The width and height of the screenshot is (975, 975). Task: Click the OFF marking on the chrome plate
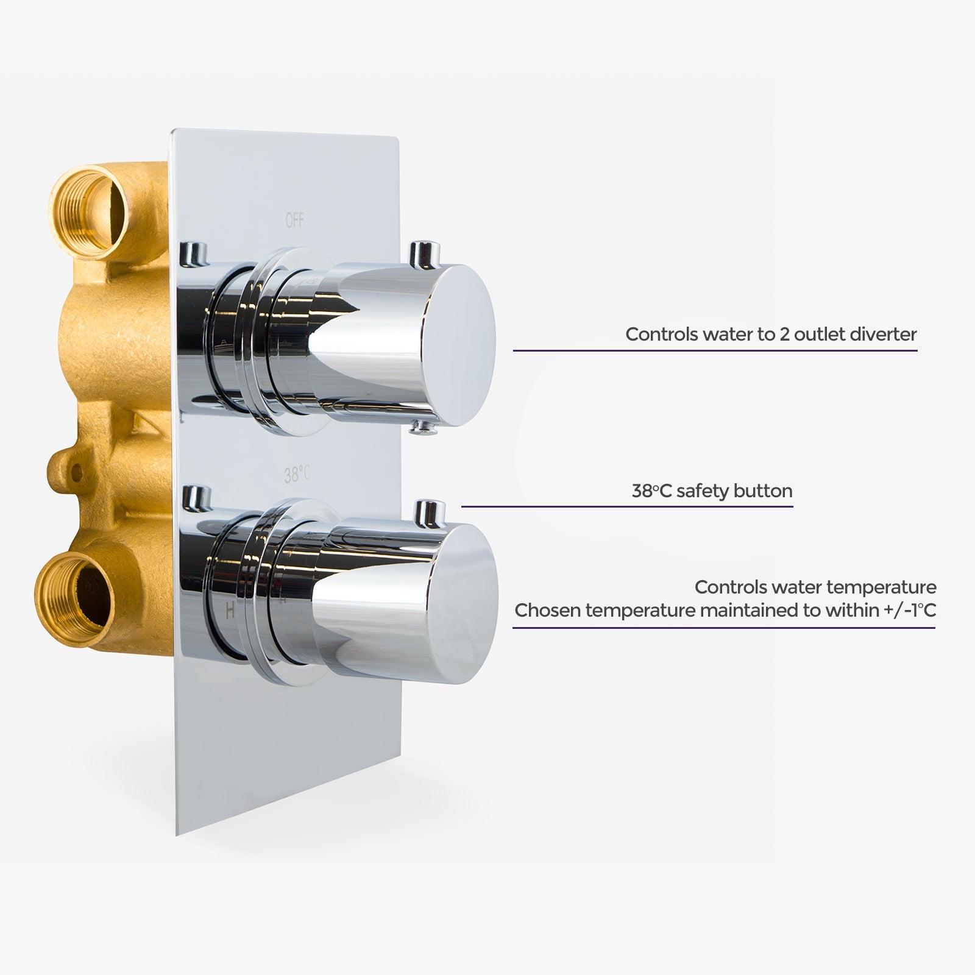[295, 221]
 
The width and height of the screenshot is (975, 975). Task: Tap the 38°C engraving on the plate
[297, 473]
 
